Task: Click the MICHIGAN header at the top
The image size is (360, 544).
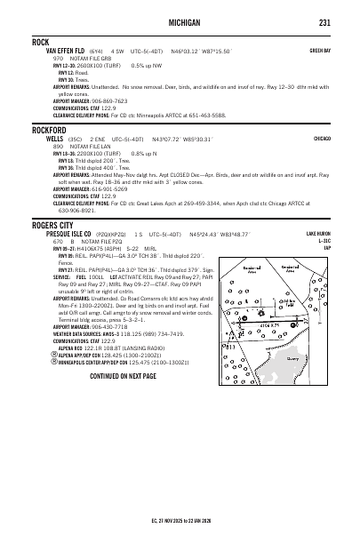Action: [x=180, y=22]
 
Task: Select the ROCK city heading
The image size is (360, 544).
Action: [x=40, y=42]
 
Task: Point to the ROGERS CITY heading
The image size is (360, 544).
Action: [x=53, y=225]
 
